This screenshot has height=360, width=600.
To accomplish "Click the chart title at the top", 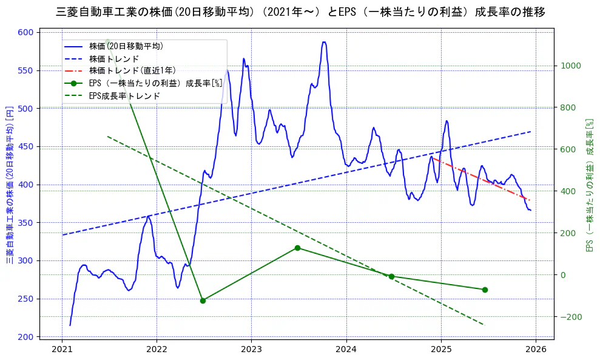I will click(300, 12).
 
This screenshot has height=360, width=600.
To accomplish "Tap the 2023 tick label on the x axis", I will click(251, 349).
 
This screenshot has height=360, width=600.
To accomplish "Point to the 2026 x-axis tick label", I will click(535, 349).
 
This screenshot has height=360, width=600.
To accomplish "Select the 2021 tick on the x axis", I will click(62, 349).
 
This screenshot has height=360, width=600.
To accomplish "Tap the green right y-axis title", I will click(588, 185).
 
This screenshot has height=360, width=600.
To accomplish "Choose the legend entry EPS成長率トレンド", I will click(124, 96).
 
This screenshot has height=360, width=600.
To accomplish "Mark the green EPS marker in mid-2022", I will click(203, 301).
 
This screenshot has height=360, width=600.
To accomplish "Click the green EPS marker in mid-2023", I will click(297, 248).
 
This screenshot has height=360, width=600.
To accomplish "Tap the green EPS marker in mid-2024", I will click(391, 276).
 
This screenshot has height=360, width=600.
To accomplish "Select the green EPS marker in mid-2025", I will click(485, 290).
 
